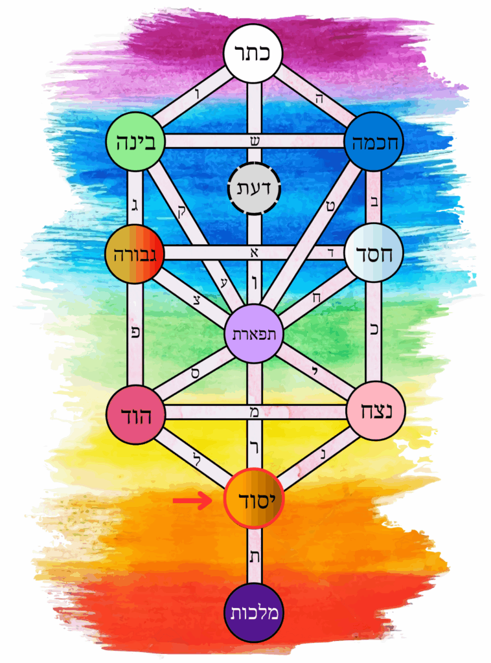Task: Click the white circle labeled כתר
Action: pos(253,53)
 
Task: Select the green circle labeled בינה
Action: pos(135,141)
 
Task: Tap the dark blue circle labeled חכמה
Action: pos(374,141)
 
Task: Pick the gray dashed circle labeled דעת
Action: pos(254,188)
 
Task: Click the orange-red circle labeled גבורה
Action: pos(135,253)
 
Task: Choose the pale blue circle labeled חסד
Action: pos(373,253)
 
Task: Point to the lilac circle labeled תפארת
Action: pos(254,333)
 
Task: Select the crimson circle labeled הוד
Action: pos(135,415)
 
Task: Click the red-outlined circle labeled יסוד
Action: pos(254,499)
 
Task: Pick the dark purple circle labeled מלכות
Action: pos(254,613)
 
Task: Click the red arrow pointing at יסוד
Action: pos(192,501)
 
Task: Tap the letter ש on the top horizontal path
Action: pos(254,140)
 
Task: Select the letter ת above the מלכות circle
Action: pos(254,556)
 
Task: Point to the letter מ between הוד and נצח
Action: pos(254,412)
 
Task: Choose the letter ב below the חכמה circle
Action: pos(374,200)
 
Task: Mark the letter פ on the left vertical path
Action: pos(135,332)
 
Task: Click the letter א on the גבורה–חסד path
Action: pos(254,253)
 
